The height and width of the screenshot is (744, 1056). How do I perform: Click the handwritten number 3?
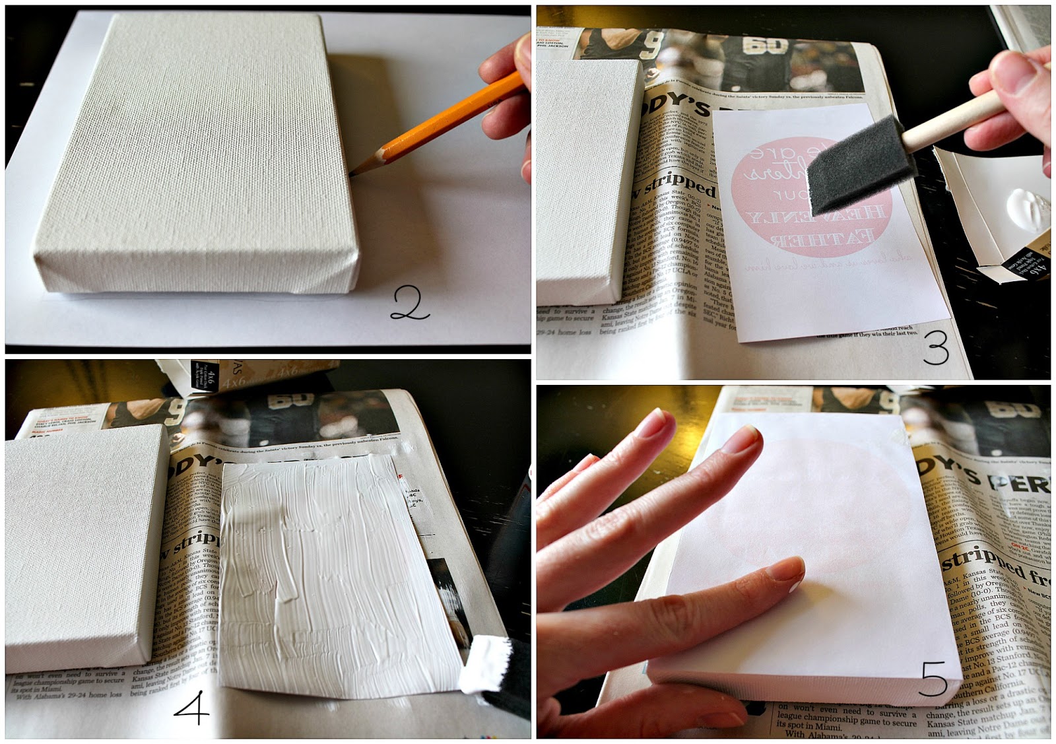(x=935, y=348)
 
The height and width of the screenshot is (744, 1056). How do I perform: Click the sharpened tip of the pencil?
(x=355, y=173)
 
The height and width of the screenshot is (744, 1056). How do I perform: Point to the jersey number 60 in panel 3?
(x=766, y=46)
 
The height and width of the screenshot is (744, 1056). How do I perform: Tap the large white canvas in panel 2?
(x=198, y=152)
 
